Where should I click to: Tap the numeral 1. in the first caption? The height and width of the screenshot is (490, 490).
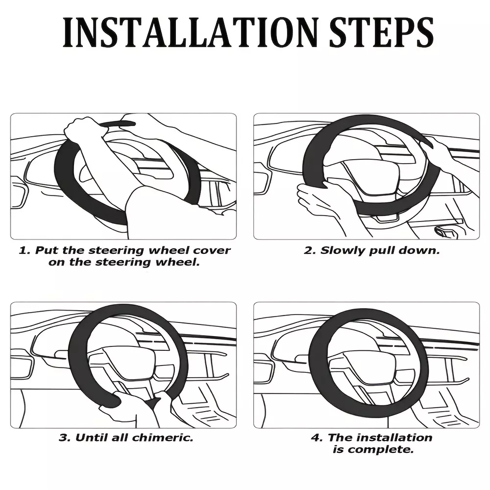click(x=25, y=250)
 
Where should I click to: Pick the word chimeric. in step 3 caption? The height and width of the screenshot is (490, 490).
click(x=163, y=438)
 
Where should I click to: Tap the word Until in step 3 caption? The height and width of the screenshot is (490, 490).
click(x=89, y=438)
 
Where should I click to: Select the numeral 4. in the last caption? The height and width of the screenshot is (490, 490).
click(x=317, y=438)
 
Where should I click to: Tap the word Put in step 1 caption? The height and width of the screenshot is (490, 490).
click(x=47, y=250)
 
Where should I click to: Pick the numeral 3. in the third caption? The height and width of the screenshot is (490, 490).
click(x=65, y=438)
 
